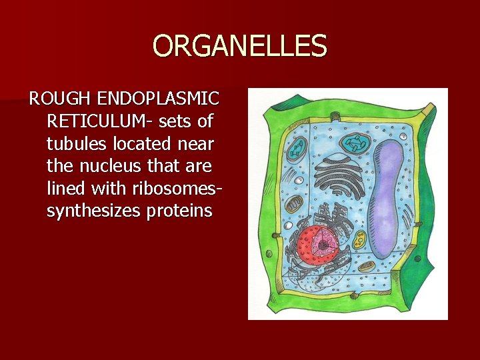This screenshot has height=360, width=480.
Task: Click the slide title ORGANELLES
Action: [240, 47]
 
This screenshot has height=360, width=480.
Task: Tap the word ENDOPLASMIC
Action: [158, 100]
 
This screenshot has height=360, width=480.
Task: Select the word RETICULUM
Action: [99, 122]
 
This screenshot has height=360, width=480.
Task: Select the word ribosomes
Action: [176, 189]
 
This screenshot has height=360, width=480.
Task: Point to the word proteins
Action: [183, 211]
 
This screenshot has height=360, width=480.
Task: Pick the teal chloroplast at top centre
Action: [354, 143]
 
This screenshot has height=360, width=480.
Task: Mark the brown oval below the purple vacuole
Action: [366, 267]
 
